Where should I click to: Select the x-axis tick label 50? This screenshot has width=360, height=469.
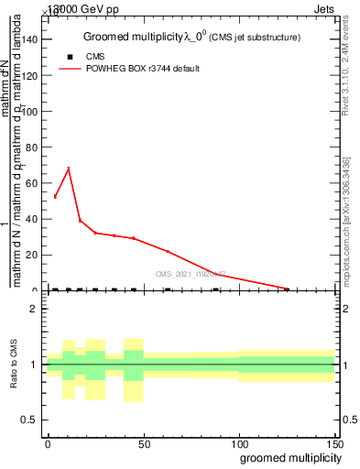click(x=144, y=443)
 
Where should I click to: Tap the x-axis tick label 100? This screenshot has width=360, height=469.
click(x=239, y=443)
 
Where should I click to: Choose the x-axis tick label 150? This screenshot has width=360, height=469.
click(x=334, y=443)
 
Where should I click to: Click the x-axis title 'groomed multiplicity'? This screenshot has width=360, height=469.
click(x=287, y=457)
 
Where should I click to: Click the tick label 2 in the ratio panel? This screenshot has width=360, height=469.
click(x=36, y=309)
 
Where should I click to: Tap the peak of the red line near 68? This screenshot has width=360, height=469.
click(x=68, y=169)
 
